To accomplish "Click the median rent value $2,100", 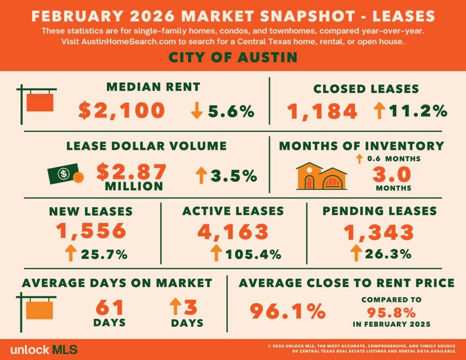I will [122, 111].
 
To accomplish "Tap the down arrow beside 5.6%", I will [197, 111].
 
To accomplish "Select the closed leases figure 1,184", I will [322, 111].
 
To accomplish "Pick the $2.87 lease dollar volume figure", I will [132, 171].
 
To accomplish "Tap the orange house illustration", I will [321, 176].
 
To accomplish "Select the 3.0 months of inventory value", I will [393, 174].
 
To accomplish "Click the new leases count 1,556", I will [91, 231].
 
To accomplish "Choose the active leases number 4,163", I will [233, 231].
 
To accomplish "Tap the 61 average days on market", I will [110, 307].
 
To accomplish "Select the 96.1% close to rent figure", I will [288, 311].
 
